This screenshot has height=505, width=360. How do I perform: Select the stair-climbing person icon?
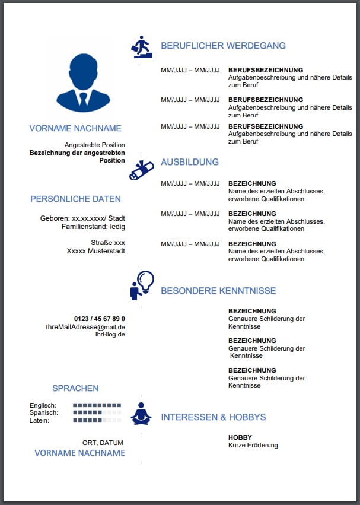tap(142, 46)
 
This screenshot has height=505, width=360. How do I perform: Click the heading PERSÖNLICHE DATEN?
tap(75, 199)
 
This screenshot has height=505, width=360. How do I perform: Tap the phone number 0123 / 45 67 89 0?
tap(99, 319)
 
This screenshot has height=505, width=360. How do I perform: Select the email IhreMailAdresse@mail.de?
tap(85, 326)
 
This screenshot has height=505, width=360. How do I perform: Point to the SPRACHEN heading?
tap(75, 388)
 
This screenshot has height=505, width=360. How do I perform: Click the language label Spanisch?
tap(44, 412)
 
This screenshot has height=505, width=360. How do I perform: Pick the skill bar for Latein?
tap(97, 420)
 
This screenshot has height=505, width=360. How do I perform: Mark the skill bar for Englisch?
tap(97, 405)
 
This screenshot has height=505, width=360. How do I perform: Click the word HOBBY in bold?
tap(240, 437)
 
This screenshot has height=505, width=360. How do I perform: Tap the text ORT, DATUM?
tap(103, 443)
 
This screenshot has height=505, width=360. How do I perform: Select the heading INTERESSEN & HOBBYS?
tap(213, 417)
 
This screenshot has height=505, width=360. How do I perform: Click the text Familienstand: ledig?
tap(93, 226)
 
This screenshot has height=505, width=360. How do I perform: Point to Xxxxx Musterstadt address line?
tap(96, 251)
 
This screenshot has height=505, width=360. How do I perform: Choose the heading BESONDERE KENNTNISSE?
tap(218, 291)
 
